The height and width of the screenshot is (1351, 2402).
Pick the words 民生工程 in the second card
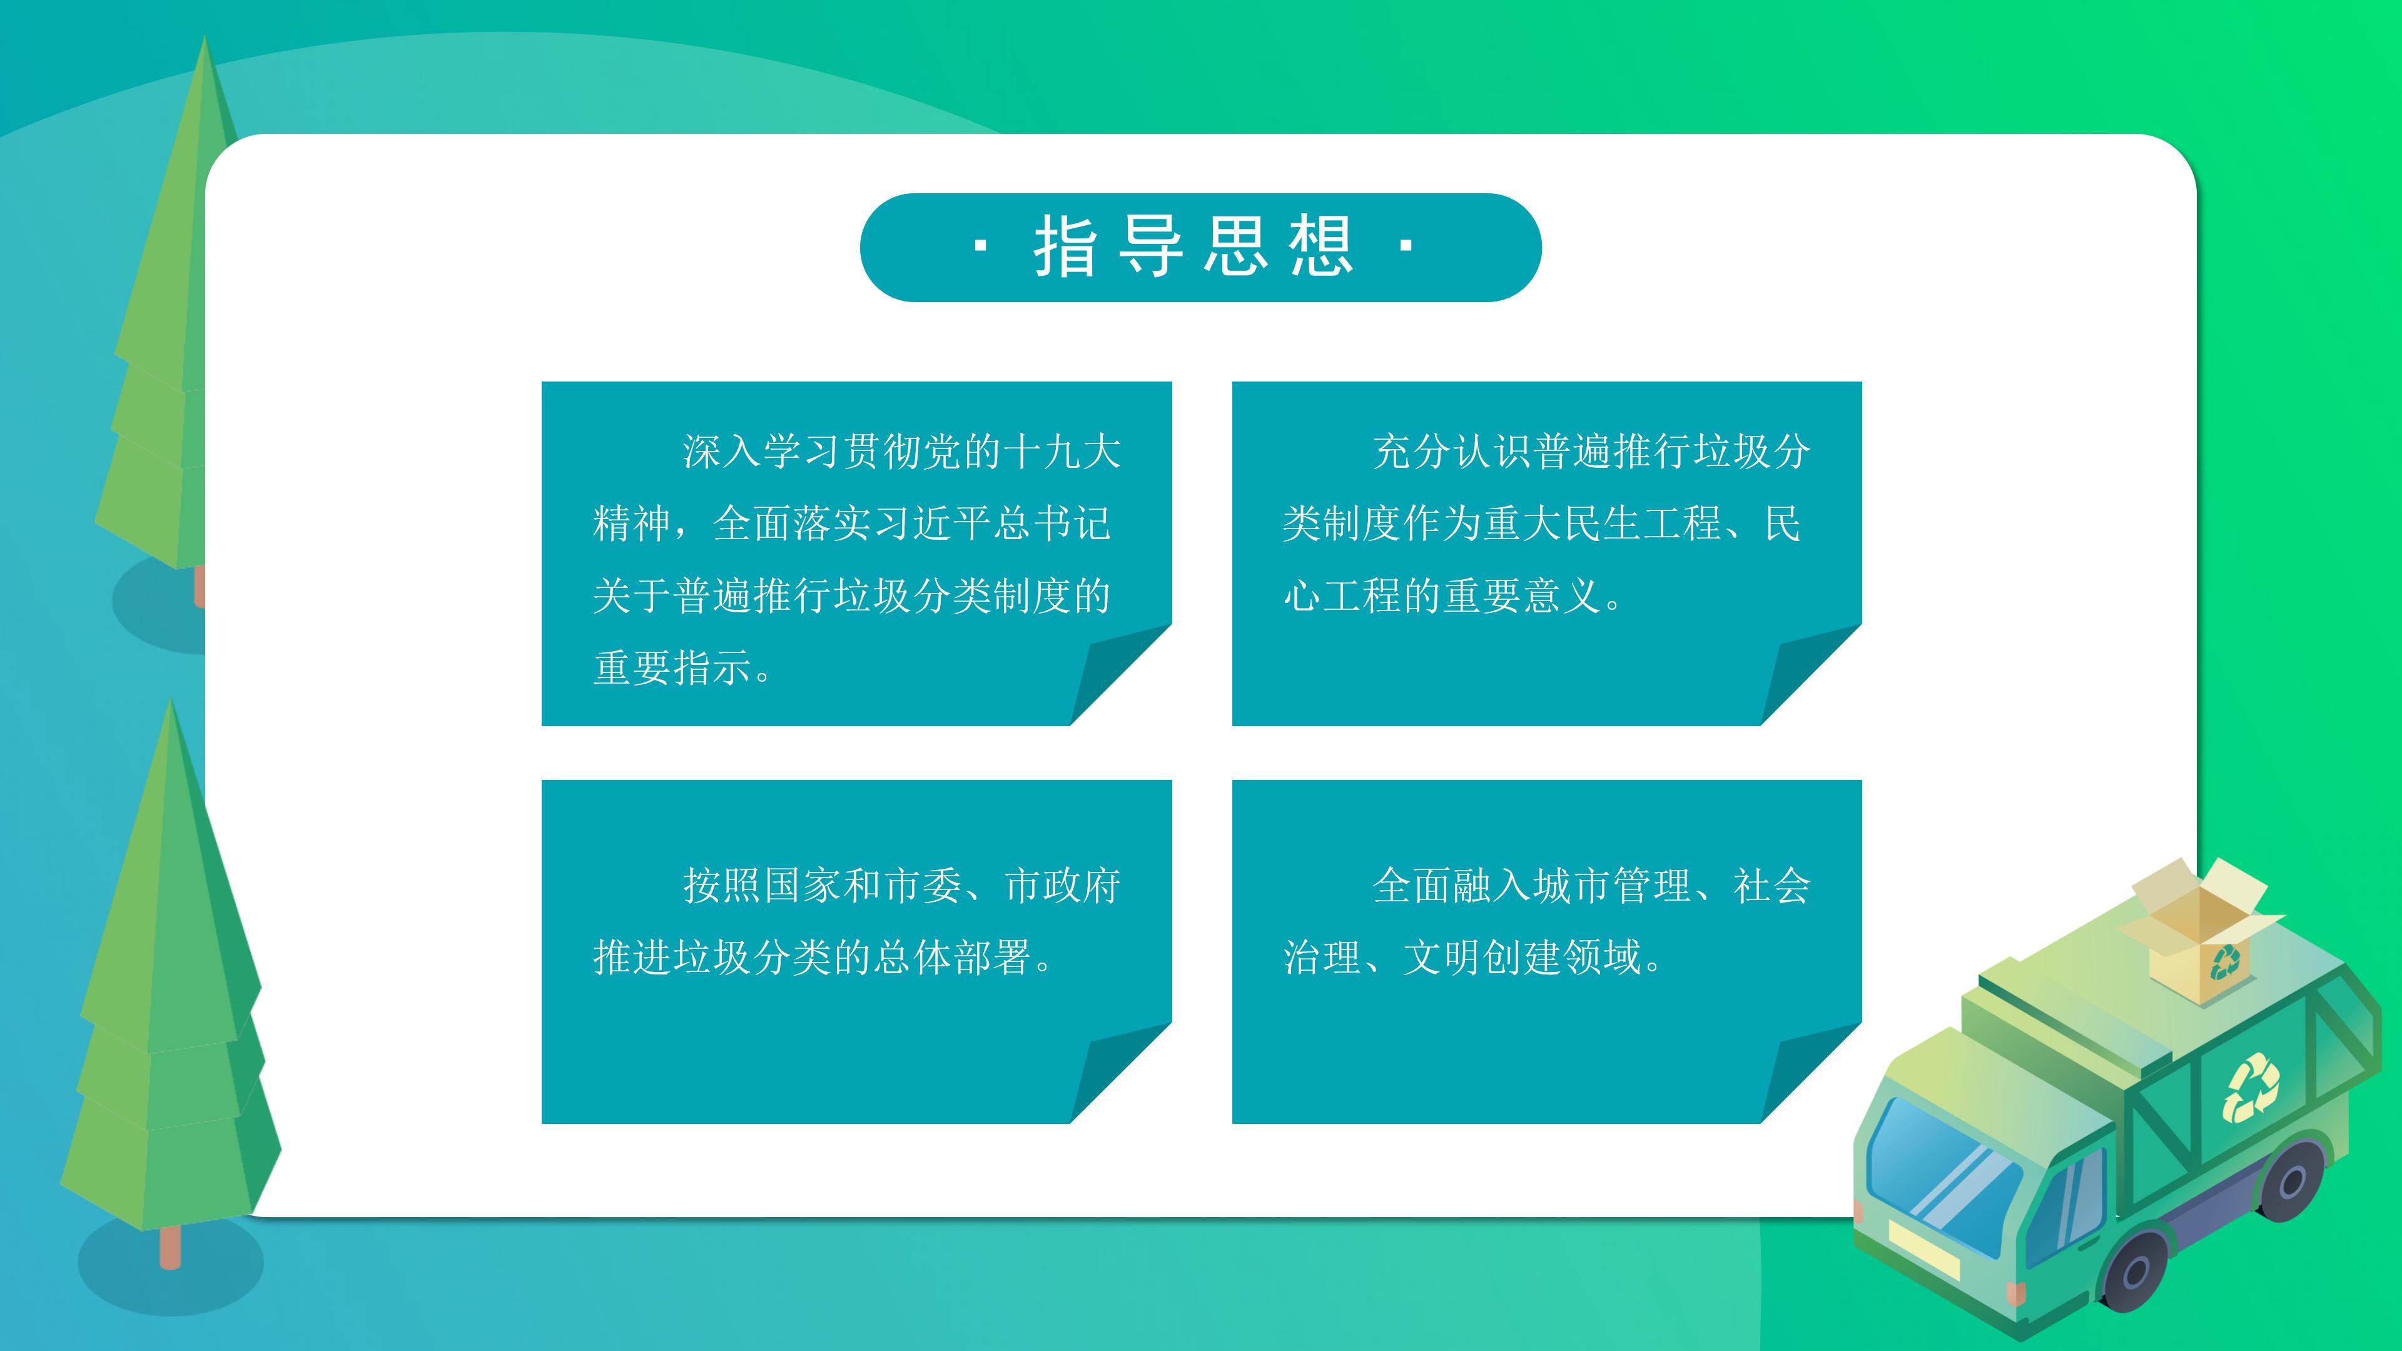(1641, 524)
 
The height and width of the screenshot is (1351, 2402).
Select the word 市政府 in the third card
(1063, 886)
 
